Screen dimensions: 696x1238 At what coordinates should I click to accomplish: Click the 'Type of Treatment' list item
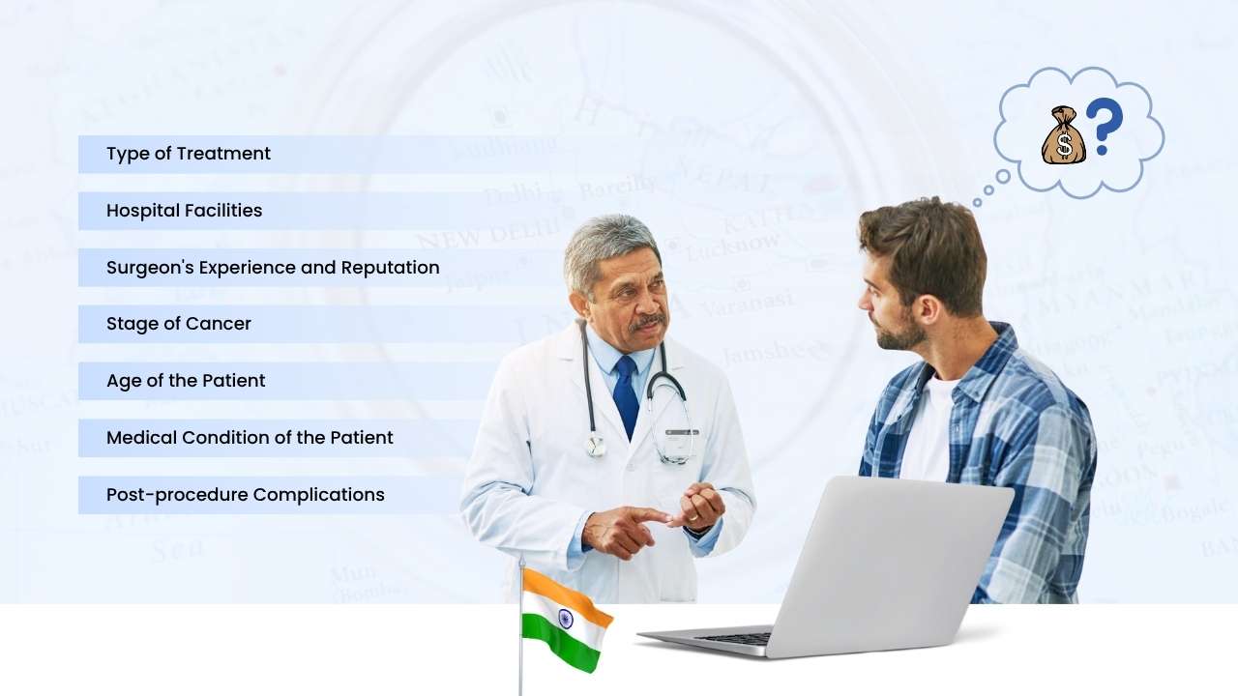(189, 154)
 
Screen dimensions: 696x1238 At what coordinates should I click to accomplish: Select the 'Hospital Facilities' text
(184, 211)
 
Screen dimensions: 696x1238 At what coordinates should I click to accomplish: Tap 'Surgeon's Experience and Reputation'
(273, 268)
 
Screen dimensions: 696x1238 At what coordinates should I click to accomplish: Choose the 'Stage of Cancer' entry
(179, 325)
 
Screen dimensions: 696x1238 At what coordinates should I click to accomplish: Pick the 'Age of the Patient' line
(186, 381)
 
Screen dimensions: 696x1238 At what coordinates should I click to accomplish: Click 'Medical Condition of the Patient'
(250, 438)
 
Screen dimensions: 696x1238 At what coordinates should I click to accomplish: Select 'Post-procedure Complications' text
(246, 495)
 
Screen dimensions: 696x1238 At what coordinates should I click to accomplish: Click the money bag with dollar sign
(1063, 136)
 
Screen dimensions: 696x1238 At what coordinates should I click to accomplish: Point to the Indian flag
(566, 620)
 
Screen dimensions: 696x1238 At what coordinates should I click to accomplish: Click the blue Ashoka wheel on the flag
(565, 619)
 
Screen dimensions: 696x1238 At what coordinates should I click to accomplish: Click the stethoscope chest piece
(597, 446)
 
